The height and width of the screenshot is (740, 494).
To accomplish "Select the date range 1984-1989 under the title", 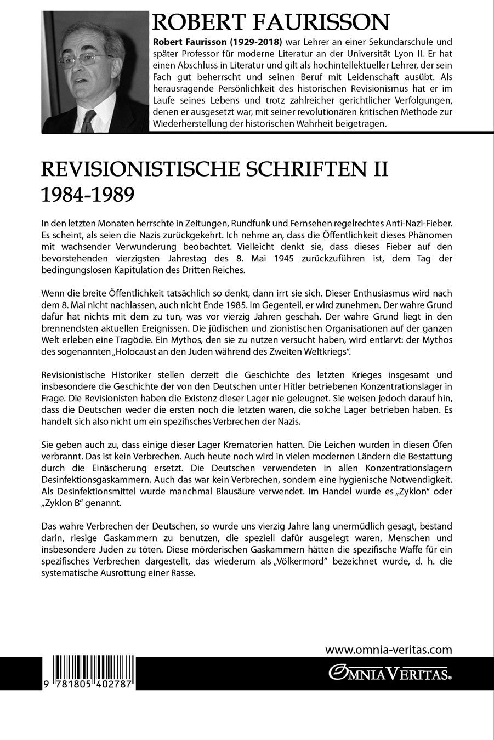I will pos(88,195).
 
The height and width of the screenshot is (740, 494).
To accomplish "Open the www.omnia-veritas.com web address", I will pos(388,650).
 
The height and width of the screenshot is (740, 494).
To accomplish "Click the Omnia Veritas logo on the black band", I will pos(389,670).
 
